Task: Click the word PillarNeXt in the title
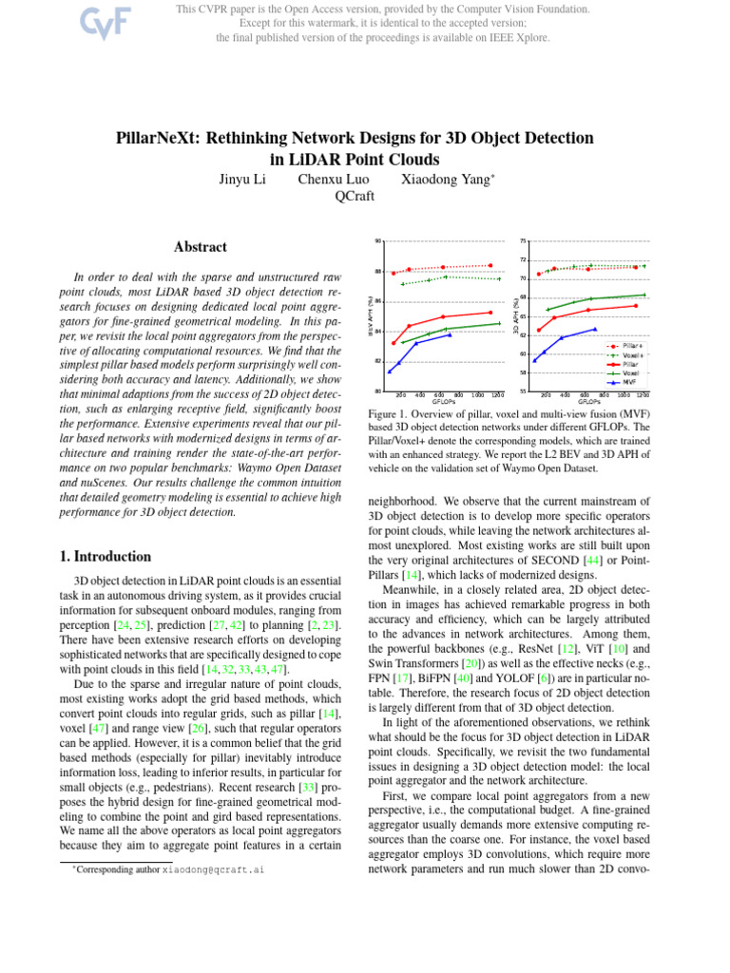click(x=181, y=138)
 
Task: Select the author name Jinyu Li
click(x=241, y=178)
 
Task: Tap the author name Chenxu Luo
click(x=332, y=178)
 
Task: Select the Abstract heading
click(x=201, y=247)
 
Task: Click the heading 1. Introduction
click(x=99, y=557)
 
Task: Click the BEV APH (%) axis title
click(x=371, y=315)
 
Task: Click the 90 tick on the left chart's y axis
click(x=378, y=240)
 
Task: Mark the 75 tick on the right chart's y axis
click(x=523, y=240)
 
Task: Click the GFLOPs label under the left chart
click(x=446, y=401)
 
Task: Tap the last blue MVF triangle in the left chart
click(x=450, y=334)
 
